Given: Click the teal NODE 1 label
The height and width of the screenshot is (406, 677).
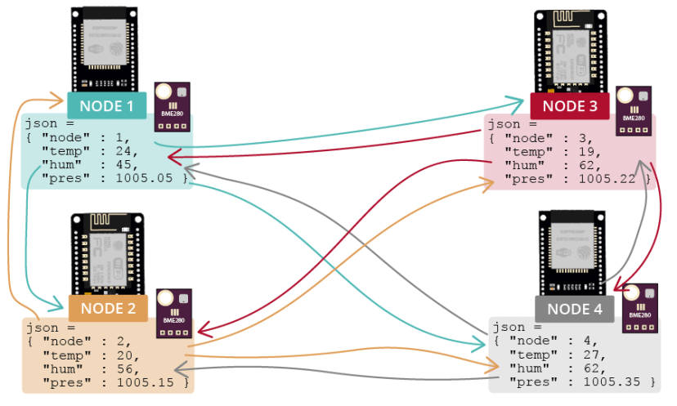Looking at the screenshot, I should point(106,106).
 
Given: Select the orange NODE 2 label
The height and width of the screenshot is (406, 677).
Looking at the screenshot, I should point(108,309).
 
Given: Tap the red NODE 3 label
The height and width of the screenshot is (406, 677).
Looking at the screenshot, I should point(570,106).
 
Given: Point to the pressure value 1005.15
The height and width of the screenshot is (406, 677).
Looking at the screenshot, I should point(148,381).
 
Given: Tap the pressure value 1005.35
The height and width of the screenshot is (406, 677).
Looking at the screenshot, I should point(612,381).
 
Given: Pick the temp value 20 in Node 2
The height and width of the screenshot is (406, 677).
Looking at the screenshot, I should point(124,355).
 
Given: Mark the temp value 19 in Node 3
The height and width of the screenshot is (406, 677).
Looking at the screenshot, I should point(588,152).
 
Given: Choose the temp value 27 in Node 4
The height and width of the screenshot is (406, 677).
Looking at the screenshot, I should point(588,355).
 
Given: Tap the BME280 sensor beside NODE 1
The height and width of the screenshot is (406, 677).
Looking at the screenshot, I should point(173,106).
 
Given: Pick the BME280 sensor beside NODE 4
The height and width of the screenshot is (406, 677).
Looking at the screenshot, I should point(639,308).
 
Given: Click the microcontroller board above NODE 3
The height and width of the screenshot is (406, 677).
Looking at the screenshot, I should point(570,51).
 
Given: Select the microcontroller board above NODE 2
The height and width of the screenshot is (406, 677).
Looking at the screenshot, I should point(108,254).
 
